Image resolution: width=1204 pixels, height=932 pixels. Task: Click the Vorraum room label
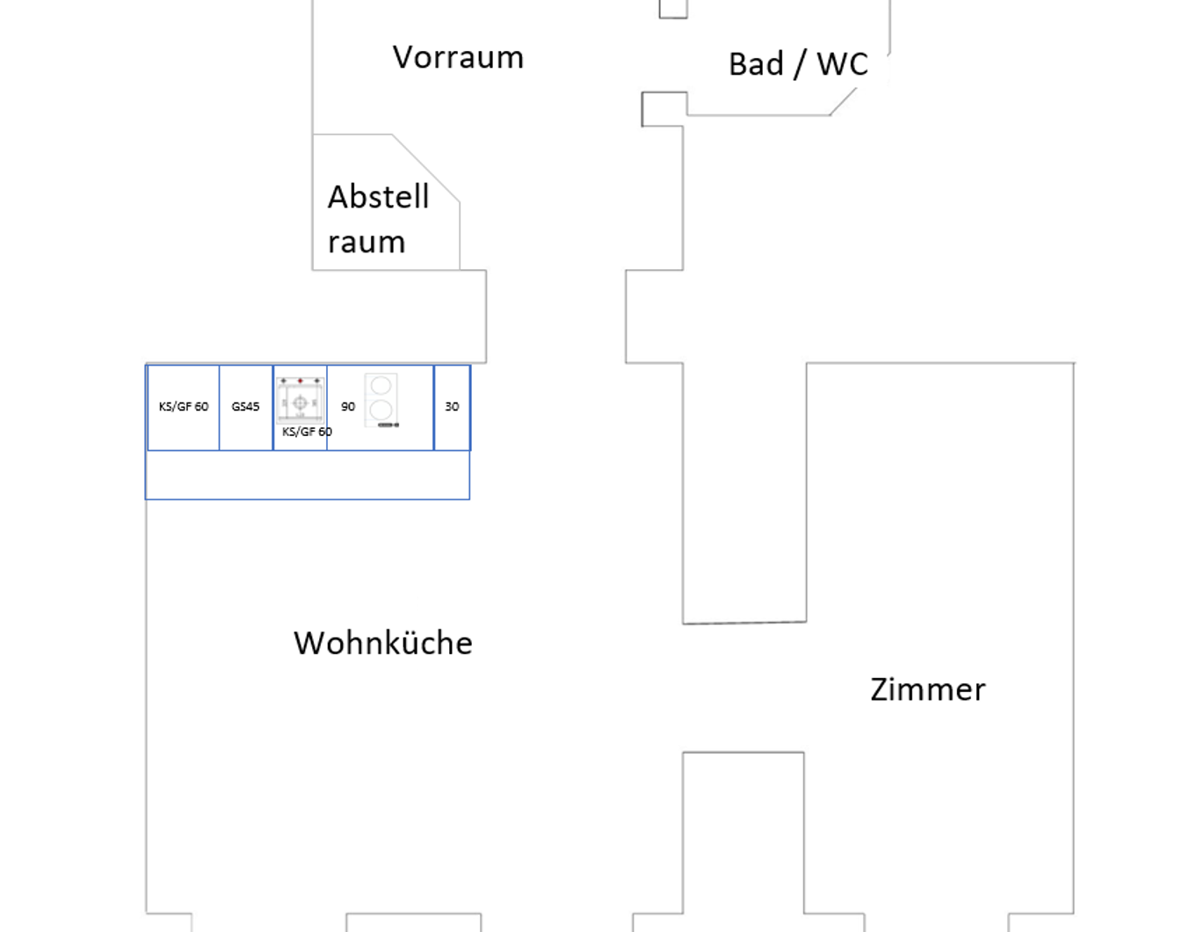(x=458, y=58)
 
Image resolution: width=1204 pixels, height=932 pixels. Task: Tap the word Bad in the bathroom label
(x=756, y=64)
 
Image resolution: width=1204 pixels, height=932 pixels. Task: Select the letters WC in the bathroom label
(x=842, y=64)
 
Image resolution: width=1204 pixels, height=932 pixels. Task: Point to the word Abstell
(x=379, y=197)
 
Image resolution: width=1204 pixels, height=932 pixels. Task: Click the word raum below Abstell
(x=366, y=243)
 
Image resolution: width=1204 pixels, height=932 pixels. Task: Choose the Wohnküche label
(x=383, y=644)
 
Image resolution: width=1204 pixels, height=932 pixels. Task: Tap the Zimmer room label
(x=928, y=690)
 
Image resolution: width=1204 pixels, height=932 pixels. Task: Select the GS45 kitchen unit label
(x=245, y=407)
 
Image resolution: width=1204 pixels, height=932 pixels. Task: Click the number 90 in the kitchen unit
(x=348, y=407)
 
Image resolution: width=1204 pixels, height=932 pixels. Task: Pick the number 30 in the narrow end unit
(x=452, y=407)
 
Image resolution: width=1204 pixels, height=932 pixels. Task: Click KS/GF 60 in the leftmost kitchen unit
(x=184, y=407)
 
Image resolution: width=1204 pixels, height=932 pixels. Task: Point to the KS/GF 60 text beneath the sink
(x=307, y=432)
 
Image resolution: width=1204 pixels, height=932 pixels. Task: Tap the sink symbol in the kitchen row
(x=300, y=403)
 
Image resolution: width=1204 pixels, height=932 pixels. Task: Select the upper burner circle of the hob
(x=381, y=386)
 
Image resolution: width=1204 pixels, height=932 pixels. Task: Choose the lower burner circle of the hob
(x=381, y=409)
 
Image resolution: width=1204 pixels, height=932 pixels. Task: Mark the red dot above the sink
(x=301, y=381)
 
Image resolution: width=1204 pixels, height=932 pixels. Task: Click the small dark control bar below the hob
(x=388, y=426)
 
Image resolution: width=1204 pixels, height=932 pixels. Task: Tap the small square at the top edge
(x=673, y=9)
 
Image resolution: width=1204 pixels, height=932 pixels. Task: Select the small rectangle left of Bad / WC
(x=664, y=108)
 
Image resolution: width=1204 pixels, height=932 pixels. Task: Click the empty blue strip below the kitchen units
(x=308, y=476)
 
